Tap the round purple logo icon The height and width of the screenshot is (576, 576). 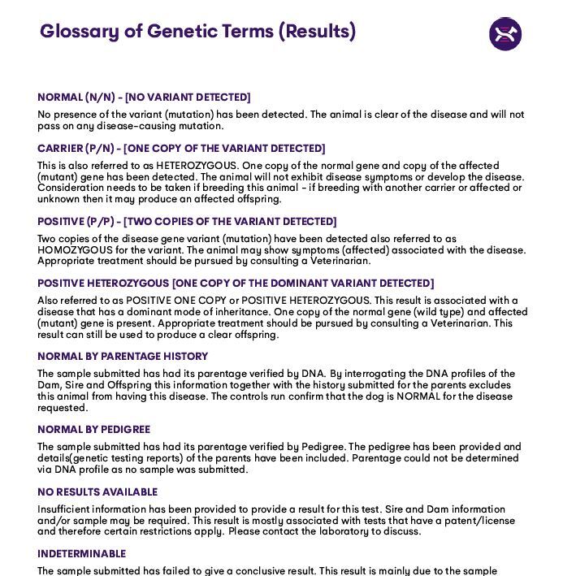pyautogui.click(x=505, y=34)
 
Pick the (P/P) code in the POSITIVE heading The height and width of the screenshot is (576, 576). pyautogui.click(x=100, y=222)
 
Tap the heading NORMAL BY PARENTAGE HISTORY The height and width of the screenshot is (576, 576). pyautogui.click(x=123, y=357)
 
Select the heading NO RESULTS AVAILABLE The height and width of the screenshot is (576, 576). pyautogui.click(x=97, y=492)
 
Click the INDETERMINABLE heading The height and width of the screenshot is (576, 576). pyautogui.click(x=81, y=554)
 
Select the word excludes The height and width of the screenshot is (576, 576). pyautogui.click(x=491, y=386)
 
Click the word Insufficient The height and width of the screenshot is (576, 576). pyautogui.click(x=65, y=509)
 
